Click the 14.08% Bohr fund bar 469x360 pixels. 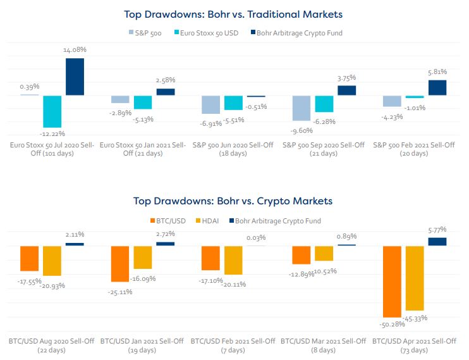click(x=75, y=77)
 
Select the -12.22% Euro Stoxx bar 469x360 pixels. click(x=52, y=111)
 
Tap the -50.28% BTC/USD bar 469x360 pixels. click(x=392, y=281)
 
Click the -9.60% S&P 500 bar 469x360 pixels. click(x=301, y=108)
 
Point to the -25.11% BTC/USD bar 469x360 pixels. click(x=120, y=263)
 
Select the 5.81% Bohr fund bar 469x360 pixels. click(x=437, y=87)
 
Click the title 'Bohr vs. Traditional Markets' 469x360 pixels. click(x=234, y=13)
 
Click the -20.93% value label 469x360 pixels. click(x=52, y=285)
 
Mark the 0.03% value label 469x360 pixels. click(x=255, y=237)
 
